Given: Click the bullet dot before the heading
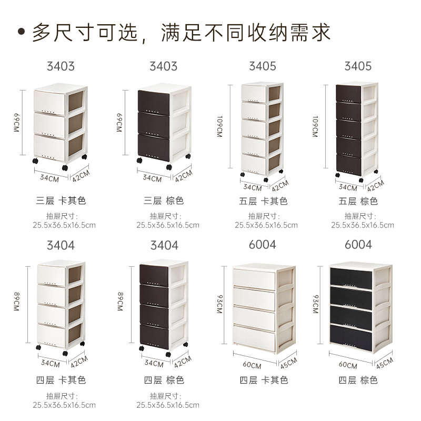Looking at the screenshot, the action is pos(21,32).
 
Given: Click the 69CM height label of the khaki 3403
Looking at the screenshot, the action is pos(17,123).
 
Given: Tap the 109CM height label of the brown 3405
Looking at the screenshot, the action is pos(315,126).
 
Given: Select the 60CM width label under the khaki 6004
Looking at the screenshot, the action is pos(252,365).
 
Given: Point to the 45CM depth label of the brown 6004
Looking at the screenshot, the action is pos(385,363).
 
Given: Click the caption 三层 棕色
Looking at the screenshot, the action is pos(164,201).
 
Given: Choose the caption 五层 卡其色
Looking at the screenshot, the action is pos(263,201).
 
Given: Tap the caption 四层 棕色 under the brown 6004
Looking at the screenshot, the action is pos(358,380).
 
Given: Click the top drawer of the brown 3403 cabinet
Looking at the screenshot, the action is pos(154,102).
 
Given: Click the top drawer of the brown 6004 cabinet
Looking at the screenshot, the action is pos(350,277).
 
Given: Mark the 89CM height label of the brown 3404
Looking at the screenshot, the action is pos(121,302).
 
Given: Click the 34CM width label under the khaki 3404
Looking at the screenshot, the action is pos(50,363).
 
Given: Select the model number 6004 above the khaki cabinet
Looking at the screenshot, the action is pos(262,245).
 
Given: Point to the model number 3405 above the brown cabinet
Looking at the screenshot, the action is pos(358,66).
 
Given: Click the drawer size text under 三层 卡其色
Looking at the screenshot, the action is pos(64,220).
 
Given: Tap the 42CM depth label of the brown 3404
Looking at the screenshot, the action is pos(183,362).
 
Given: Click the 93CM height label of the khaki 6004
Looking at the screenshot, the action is pos(219,304).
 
